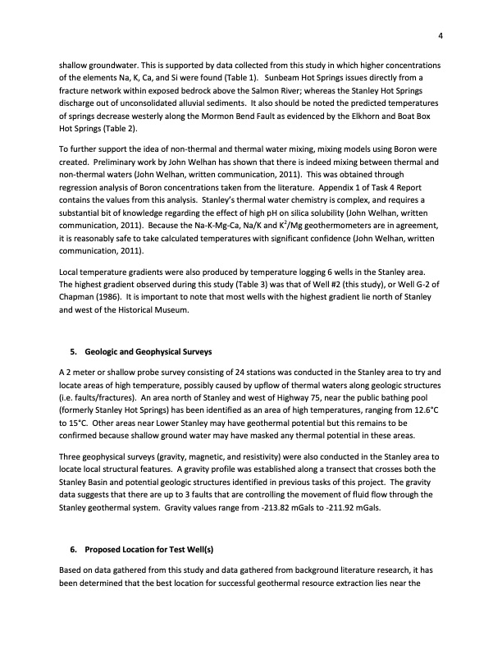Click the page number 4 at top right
pos(440,34)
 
